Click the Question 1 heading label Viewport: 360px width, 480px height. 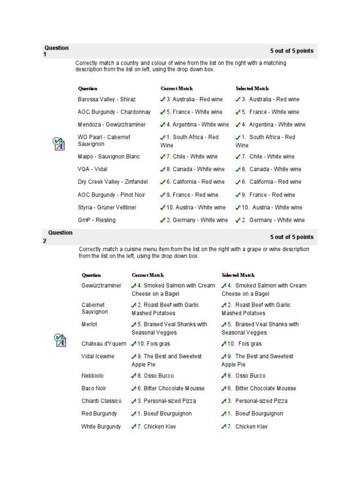coord(56,51)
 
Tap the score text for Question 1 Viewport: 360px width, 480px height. coord(292,51)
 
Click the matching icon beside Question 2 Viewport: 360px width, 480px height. coord(59,340)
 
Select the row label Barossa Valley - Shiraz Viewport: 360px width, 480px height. coord(107,99)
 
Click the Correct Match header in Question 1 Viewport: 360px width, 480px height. coord(176,88)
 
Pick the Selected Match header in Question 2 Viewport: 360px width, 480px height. coord(238,275)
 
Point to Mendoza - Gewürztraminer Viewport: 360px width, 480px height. coord(112,125)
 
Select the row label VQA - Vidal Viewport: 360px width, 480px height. coord(92,169)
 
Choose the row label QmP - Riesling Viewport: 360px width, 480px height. coord(97,220)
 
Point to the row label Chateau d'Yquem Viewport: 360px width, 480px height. coord(104,344)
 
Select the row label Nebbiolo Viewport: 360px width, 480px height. coord(92,375)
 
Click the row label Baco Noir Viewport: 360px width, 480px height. coord(94,388)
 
